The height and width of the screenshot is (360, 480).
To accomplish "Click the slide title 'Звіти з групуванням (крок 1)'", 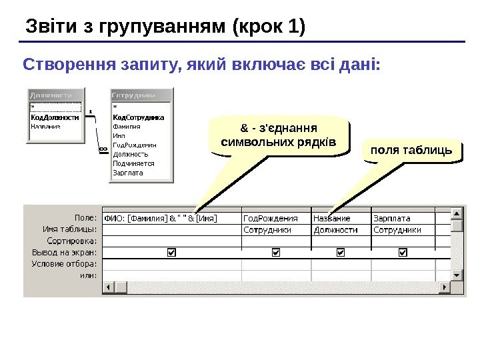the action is tap(165, 27).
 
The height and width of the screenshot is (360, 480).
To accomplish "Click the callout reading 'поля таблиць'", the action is tap(411, 151).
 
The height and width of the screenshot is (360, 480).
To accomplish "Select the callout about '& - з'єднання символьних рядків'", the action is tap(278, 135).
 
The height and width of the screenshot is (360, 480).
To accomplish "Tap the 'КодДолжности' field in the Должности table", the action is tap(55, 117).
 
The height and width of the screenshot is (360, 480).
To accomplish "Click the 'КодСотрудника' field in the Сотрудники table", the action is tap(139, 117).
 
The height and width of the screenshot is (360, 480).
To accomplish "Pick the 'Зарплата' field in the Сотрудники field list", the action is tap(128, 172).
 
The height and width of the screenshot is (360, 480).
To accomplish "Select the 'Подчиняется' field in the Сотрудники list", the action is tap(133, 163).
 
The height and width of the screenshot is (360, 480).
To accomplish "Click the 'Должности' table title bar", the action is tap(55, 95).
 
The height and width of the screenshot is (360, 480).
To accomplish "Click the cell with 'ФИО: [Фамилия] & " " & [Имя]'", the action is tap(171, 218).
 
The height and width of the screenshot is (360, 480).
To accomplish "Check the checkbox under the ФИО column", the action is tap(171, 253).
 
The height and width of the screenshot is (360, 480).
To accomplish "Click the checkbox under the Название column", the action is tap(341, 253).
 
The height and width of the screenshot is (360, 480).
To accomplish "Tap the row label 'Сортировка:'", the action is tap(73, 241).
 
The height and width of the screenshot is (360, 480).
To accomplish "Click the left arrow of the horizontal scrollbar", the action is tap(107, 287).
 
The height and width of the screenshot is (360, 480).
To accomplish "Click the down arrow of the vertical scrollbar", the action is tap(457, 275).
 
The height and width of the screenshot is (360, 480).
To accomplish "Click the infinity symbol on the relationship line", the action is tap(103, 150).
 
